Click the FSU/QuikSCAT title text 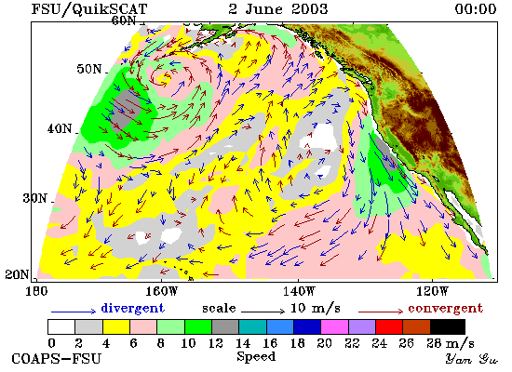click(89, 9)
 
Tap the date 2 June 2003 click(278, 8)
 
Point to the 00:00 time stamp click(476, 8)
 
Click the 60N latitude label click(124, 20)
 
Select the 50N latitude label click(89, 69)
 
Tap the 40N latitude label click(60, 128)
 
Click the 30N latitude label click(35, 198)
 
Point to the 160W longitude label click(161, 291)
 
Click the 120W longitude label click(432, 291)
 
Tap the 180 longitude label click(36, 291)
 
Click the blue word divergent click(132, 308)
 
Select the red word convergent click(445, 308)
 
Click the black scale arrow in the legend click(263, 312)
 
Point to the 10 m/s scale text click(315, 308)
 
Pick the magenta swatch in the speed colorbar click(335, 327)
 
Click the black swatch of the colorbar click(448, 327)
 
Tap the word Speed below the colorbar click(256, 356)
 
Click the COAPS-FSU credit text click(57, 359)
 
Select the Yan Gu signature click(472, 359)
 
